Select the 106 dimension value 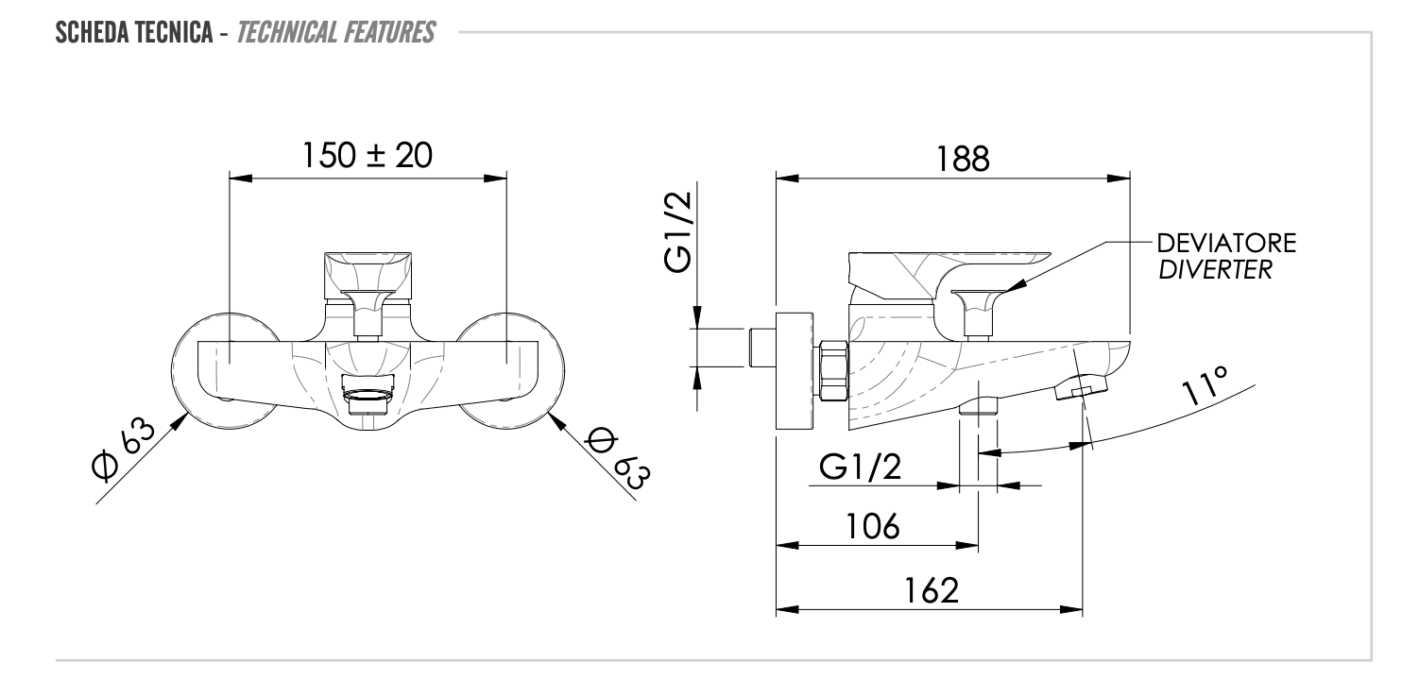point(871,526)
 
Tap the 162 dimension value point(929,590)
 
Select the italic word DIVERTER point(1215,269)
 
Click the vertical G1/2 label point(678,231)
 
